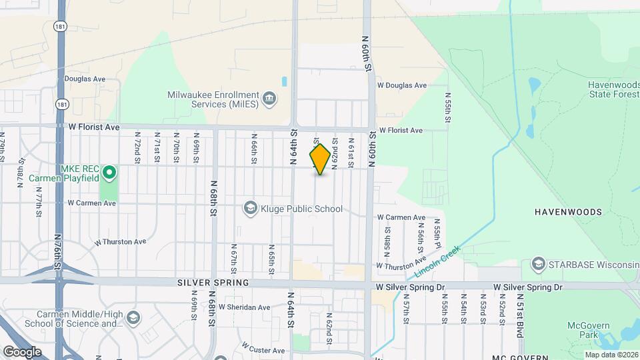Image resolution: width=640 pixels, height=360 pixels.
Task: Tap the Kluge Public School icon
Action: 251,209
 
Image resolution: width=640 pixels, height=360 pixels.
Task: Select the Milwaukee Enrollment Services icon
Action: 269,99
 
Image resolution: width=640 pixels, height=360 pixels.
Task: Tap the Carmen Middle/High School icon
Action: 133,318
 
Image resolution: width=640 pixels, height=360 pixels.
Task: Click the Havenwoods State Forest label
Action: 613,89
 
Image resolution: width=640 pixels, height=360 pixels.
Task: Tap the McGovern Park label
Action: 585,330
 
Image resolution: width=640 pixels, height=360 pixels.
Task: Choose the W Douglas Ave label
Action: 401,85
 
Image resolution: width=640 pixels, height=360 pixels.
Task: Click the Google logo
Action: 22,351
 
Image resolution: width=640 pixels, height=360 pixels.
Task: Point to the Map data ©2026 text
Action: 611,355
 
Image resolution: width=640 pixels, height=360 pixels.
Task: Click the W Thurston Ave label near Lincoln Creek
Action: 400,265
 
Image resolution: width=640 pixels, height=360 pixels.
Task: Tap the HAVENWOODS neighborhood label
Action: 568,212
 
